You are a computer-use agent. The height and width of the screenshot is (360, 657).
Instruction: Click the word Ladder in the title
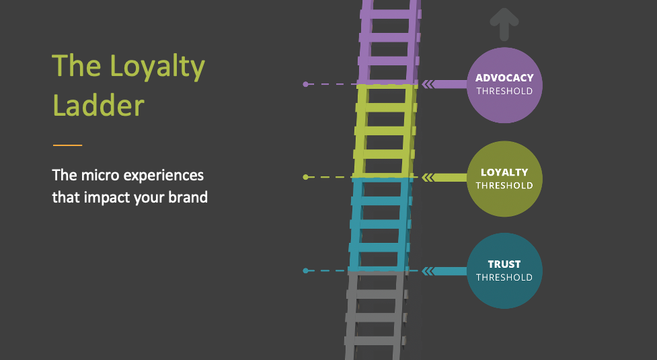coord(98,106)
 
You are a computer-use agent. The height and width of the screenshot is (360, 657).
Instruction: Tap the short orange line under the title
coord(67,145)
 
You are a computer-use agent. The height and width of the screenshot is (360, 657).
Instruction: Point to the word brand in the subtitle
coord(186,199)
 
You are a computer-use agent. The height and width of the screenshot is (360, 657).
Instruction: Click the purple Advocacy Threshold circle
coord(504,85)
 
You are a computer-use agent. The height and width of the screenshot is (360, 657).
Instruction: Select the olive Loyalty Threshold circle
coord(504,179)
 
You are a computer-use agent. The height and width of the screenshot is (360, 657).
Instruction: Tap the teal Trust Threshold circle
coord(504,271)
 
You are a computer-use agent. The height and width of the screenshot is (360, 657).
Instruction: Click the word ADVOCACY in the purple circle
coord(504,78)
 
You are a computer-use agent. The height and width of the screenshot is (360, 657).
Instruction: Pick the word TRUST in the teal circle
coord(504,264)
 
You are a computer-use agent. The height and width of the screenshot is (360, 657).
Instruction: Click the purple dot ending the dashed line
coord(306,84)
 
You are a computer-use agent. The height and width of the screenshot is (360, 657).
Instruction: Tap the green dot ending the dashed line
coord(306,177)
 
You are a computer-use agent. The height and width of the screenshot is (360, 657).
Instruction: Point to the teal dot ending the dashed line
coord(306,271)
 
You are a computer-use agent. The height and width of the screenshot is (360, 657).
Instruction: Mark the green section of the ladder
coord(383,131)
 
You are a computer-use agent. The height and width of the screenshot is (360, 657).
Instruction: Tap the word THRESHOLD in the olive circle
coord(504,186)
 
